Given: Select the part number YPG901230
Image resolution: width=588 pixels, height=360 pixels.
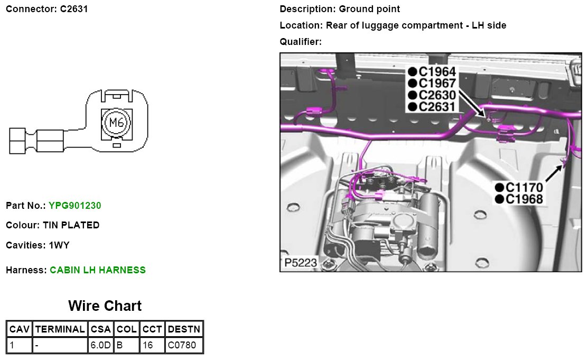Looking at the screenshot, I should coord(74,205).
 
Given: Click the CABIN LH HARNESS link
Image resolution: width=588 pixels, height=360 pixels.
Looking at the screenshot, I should coord(98,270).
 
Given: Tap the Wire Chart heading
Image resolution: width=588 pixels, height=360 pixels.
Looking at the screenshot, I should coord(105,306).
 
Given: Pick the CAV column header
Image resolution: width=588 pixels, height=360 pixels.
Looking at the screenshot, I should coord(20,329).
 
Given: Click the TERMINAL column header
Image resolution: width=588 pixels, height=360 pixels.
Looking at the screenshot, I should coord(60,329).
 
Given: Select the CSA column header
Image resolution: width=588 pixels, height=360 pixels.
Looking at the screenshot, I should coord(100,329).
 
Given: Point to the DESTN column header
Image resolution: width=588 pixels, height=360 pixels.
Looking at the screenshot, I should coord(184,329).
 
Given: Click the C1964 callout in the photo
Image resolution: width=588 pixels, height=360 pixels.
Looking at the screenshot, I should coord(436,71).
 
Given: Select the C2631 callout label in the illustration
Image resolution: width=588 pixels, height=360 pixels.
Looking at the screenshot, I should coord(436,107).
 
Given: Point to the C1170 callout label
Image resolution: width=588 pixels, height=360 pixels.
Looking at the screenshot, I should coord(524,188).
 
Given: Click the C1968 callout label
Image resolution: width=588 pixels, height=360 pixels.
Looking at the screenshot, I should coord(524,199).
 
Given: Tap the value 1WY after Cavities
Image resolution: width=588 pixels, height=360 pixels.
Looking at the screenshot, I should coord(59,245).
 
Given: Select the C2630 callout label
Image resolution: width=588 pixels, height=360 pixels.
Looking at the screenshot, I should coord(436,95).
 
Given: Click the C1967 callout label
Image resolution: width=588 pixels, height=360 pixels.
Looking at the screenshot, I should coord(436,83).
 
